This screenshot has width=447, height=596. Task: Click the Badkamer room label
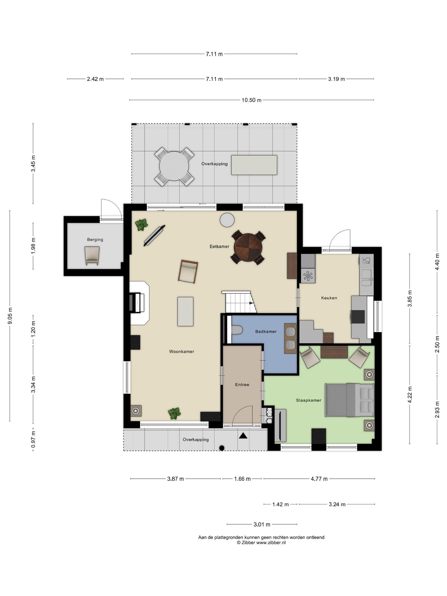pos(266,332)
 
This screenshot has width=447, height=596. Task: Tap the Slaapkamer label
pos(309,400)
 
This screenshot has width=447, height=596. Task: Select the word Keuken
pos(329,298)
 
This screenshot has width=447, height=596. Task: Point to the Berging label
pos(95,240)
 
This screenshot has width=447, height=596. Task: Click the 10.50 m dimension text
pos(251,100)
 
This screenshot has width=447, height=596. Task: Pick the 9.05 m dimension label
pos(10,316)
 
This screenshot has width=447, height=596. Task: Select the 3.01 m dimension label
pos(262,525)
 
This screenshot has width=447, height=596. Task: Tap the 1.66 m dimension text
pos(242,479)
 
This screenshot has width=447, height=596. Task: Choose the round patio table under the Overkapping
pos(174,166)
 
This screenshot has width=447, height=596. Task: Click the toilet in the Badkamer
pos(237,330)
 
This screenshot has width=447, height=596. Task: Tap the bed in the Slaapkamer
pos(350,400)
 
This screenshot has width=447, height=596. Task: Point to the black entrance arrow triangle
pos(243,436)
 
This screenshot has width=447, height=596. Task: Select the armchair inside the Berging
pos(92,256)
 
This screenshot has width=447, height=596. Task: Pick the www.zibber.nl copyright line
pos(261,543)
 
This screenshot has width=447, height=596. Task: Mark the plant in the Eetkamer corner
pos(142,224)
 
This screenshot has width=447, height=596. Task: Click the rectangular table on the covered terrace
pos(254,165)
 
